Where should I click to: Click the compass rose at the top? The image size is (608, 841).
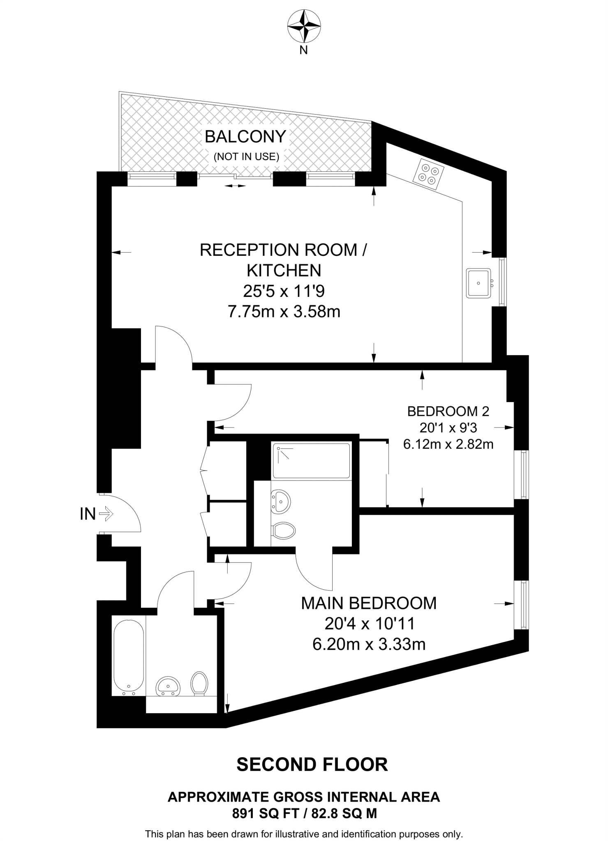(304, 26)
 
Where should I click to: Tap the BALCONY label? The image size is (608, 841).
(245, 137)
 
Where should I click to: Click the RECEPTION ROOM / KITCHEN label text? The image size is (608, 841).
(283, 260)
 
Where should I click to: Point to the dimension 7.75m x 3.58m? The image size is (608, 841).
(284, 312)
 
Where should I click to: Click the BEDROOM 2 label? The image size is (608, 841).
(448, 411)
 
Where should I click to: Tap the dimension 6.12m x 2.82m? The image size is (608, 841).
(448, 444)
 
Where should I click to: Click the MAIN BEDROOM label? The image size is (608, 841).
(369, 603)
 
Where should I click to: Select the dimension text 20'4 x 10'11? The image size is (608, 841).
(370, 624)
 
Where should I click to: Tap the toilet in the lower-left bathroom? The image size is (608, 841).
(199, 683)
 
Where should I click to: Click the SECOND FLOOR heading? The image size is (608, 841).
(312, 765)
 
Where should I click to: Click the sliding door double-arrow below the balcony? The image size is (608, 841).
(235, 186)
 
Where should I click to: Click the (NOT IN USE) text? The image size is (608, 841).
(246, 156)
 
